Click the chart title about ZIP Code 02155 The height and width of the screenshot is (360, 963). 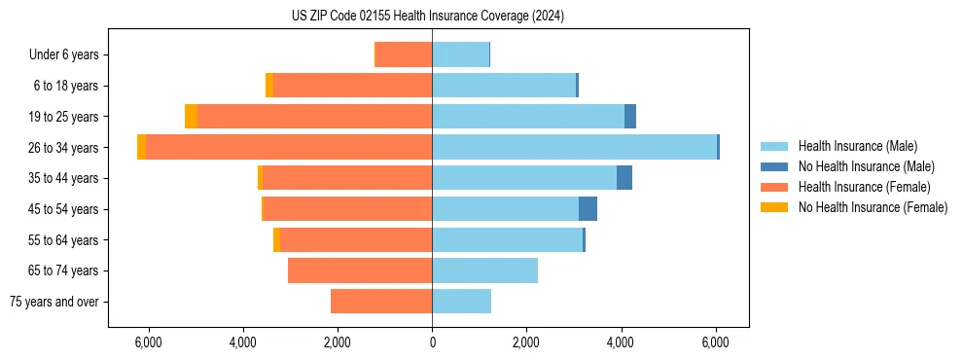click(x=427, y=17)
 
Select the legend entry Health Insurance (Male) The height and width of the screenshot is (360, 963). click(x=857, y=146)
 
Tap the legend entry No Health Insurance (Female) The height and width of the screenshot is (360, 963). click(x=873, y=207)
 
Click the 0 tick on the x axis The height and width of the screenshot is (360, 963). click(x=432, y=343)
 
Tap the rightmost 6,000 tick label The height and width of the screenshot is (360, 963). click(x=715, y=343)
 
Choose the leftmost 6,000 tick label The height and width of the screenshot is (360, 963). click(x=148, y=343)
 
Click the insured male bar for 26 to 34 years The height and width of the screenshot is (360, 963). click(x=574, y=147)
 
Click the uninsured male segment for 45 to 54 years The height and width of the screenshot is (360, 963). click(x=588, y=209)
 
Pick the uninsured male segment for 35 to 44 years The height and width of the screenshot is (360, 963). click(x=624, y=178)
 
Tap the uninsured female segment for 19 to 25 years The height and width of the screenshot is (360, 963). click(x=192, y=117)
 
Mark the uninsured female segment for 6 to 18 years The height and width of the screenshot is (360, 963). click(x=269, y=86)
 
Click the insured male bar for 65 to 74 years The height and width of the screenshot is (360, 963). click(x=484, y=270)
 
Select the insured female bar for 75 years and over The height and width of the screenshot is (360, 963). click(x=381, y=302)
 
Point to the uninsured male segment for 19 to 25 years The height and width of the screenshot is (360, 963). click(x=630, y=117)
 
